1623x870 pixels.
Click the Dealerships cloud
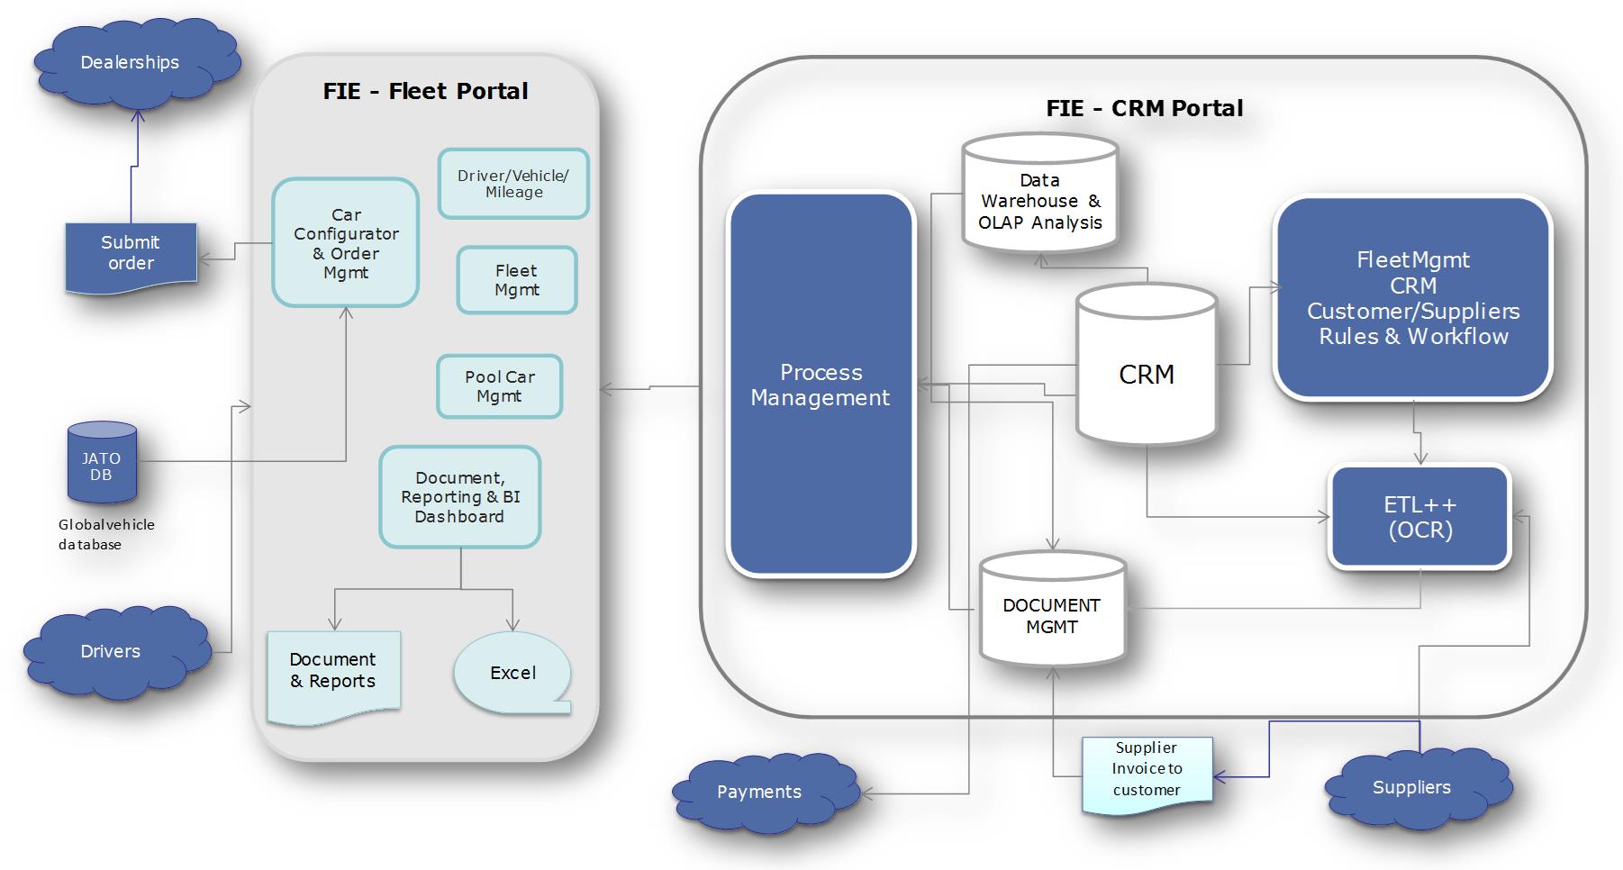131,63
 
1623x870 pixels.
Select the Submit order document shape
131,254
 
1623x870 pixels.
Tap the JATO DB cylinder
102,464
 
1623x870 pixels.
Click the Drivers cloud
112,651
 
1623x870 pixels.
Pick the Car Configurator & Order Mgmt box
346,243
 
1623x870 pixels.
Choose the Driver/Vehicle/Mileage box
513,184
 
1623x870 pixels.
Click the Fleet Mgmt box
516,280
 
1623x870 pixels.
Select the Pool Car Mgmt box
500,386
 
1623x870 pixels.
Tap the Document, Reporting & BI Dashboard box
459,497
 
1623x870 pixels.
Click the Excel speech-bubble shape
512,673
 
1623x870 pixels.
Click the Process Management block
821,385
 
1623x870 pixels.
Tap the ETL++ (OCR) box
1419,517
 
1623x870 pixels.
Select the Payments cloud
759,792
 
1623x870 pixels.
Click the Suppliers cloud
1411,787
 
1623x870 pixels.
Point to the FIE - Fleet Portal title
425,92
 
